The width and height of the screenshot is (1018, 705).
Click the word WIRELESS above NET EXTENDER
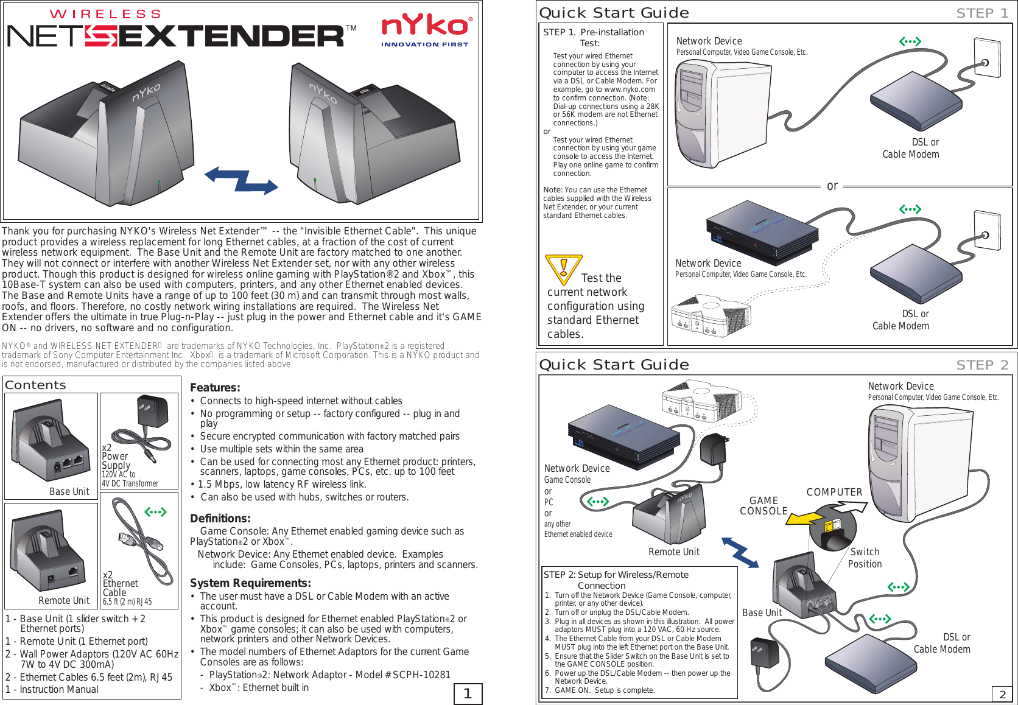105,14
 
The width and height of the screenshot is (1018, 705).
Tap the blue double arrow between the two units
241,180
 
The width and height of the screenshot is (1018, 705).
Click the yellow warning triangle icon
563,268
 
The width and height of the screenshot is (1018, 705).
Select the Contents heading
35,385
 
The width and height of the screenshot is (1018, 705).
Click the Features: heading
215,388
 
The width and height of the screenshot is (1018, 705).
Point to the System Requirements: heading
250,583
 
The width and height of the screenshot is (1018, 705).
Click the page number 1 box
468,693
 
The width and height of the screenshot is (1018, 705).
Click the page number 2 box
1002,694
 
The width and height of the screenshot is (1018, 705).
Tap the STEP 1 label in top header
982,13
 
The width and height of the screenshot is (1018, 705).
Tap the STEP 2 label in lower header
982,365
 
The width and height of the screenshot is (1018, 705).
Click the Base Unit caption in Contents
69,492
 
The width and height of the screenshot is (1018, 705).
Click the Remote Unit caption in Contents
64,601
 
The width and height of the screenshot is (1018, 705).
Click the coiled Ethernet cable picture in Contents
143,542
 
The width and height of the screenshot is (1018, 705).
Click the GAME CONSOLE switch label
763,506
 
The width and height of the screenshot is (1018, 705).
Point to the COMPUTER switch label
834,493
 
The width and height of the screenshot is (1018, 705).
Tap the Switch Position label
865,558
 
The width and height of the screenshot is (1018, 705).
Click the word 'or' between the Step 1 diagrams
832,186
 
